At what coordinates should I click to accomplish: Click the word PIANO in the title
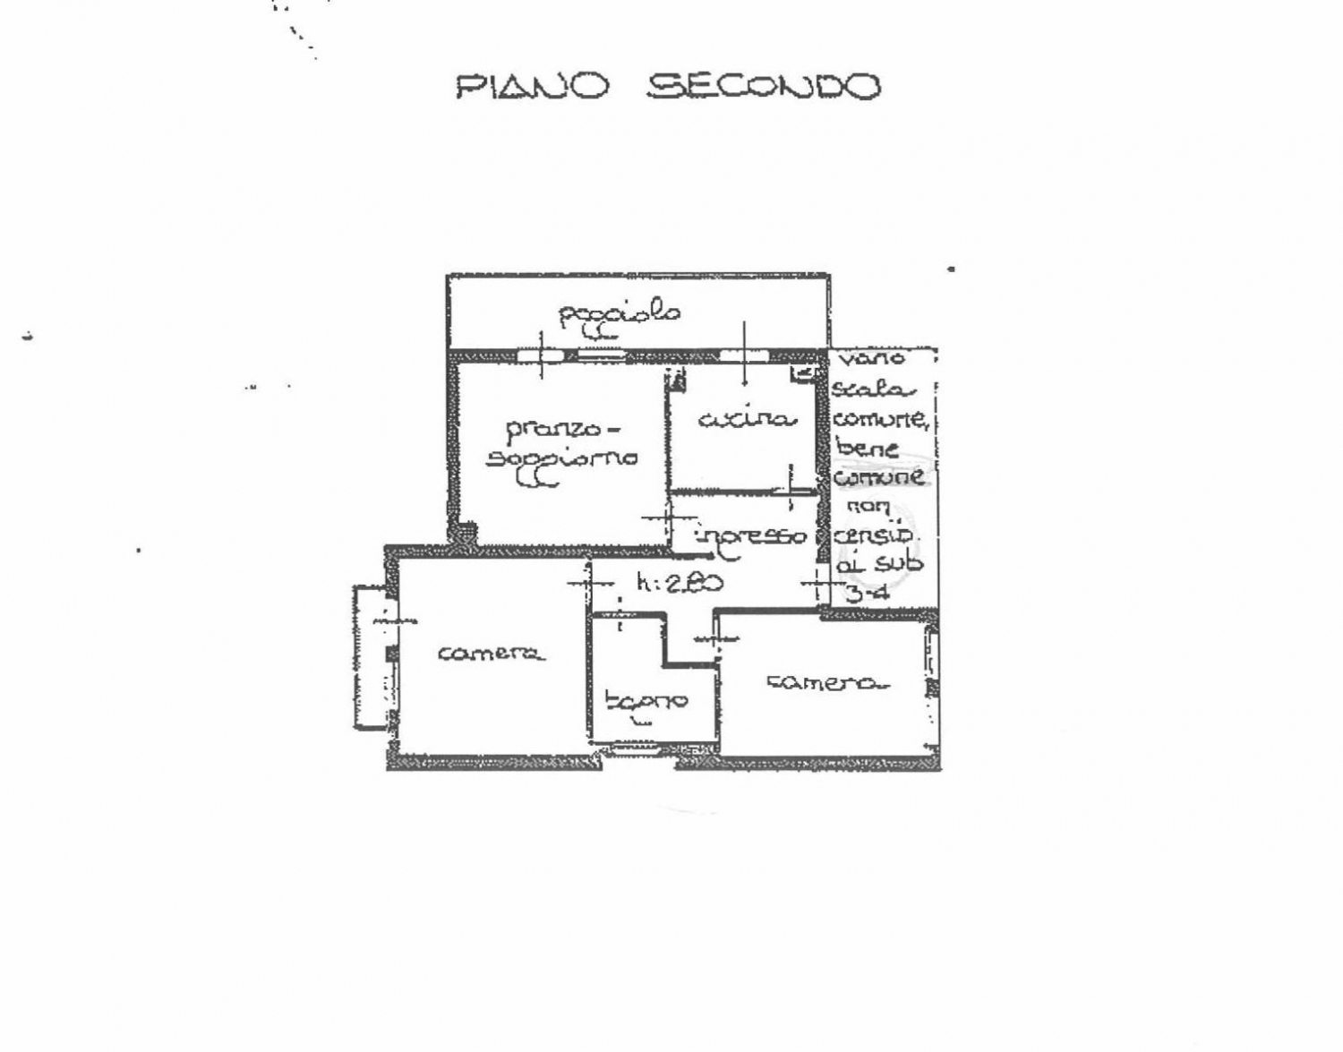click(x=533, y=87)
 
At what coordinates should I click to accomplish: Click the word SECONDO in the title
click(x=764, y=87)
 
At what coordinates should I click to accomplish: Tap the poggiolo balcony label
click(x=620, y=313)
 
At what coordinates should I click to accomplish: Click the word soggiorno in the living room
click(x=562, y=458)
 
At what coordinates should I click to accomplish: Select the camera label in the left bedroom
click(x=491, y=654)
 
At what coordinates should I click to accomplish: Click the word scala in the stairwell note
click(x=873, y=389)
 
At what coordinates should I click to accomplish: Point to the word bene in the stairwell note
click(x=867, y=448)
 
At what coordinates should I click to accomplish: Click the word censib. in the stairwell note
click(x=875, y=535)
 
